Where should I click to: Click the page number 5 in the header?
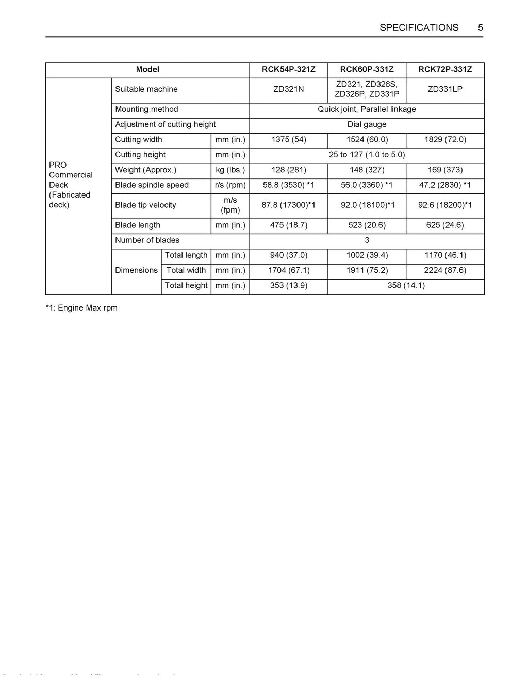coord(480,28)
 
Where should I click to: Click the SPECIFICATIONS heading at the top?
coord(419,28)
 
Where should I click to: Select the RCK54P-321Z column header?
coord(289,70)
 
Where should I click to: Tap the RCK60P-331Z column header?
coord(367,70)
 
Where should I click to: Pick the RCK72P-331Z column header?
coord(445,70)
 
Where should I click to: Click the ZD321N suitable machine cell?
coord(289,89)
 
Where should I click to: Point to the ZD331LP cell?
coord(445,89)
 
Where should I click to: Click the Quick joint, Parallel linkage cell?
coord(367,109)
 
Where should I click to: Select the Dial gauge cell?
coord(367,124)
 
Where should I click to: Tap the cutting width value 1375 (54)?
coord(289,140)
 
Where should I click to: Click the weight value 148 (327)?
coord(367,170)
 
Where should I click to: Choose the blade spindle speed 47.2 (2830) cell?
coord(445,185)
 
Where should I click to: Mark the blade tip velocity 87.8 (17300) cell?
coord(289,205)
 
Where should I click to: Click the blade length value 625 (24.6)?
coord(445,225)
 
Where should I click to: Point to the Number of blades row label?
coord(147,240)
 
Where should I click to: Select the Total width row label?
coord(186,270)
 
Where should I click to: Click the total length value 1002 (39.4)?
coord(367,255)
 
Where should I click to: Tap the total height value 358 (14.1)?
coord(406,286)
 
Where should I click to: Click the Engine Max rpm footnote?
coord(81,308)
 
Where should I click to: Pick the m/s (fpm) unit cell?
coord(230,205)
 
